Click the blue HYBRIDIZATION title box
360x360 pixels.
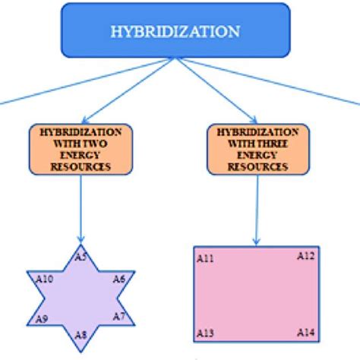pos(175,32)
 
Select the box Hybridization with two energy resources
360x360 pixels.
pos(81,149)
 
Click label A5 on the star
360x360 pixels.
pos(81,257)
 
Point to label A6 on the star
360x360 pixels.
pos(119,279)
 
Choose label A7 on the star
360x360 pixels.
pos(119,315)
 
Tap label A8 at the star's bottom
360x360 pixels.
pos(81,334)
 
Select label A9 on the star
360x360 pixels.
pos(43,319)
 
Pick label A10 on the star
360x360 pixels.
pos(45,279)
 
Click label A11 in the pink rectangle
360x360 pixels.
pos(205,259)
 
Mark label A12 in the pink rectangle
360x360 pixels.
pos(305,256)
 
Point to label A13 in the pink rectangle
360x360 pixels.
pos(205,333)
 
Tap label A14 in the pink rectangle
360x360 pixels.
pos(305,333)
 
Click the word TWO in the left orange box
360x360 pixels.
pos(96,142)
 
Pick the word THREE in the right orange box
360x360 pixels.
pos(273,142)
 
